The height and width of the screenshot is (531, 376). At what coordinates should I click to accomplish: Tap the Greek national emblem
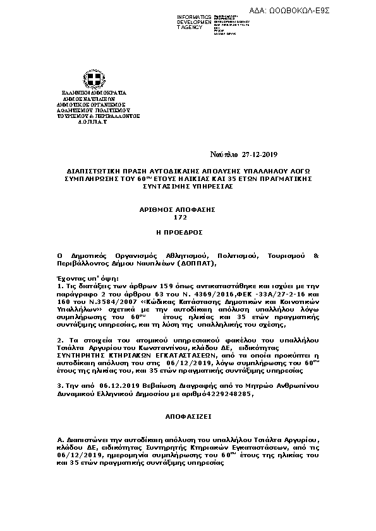coord(95,79)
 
